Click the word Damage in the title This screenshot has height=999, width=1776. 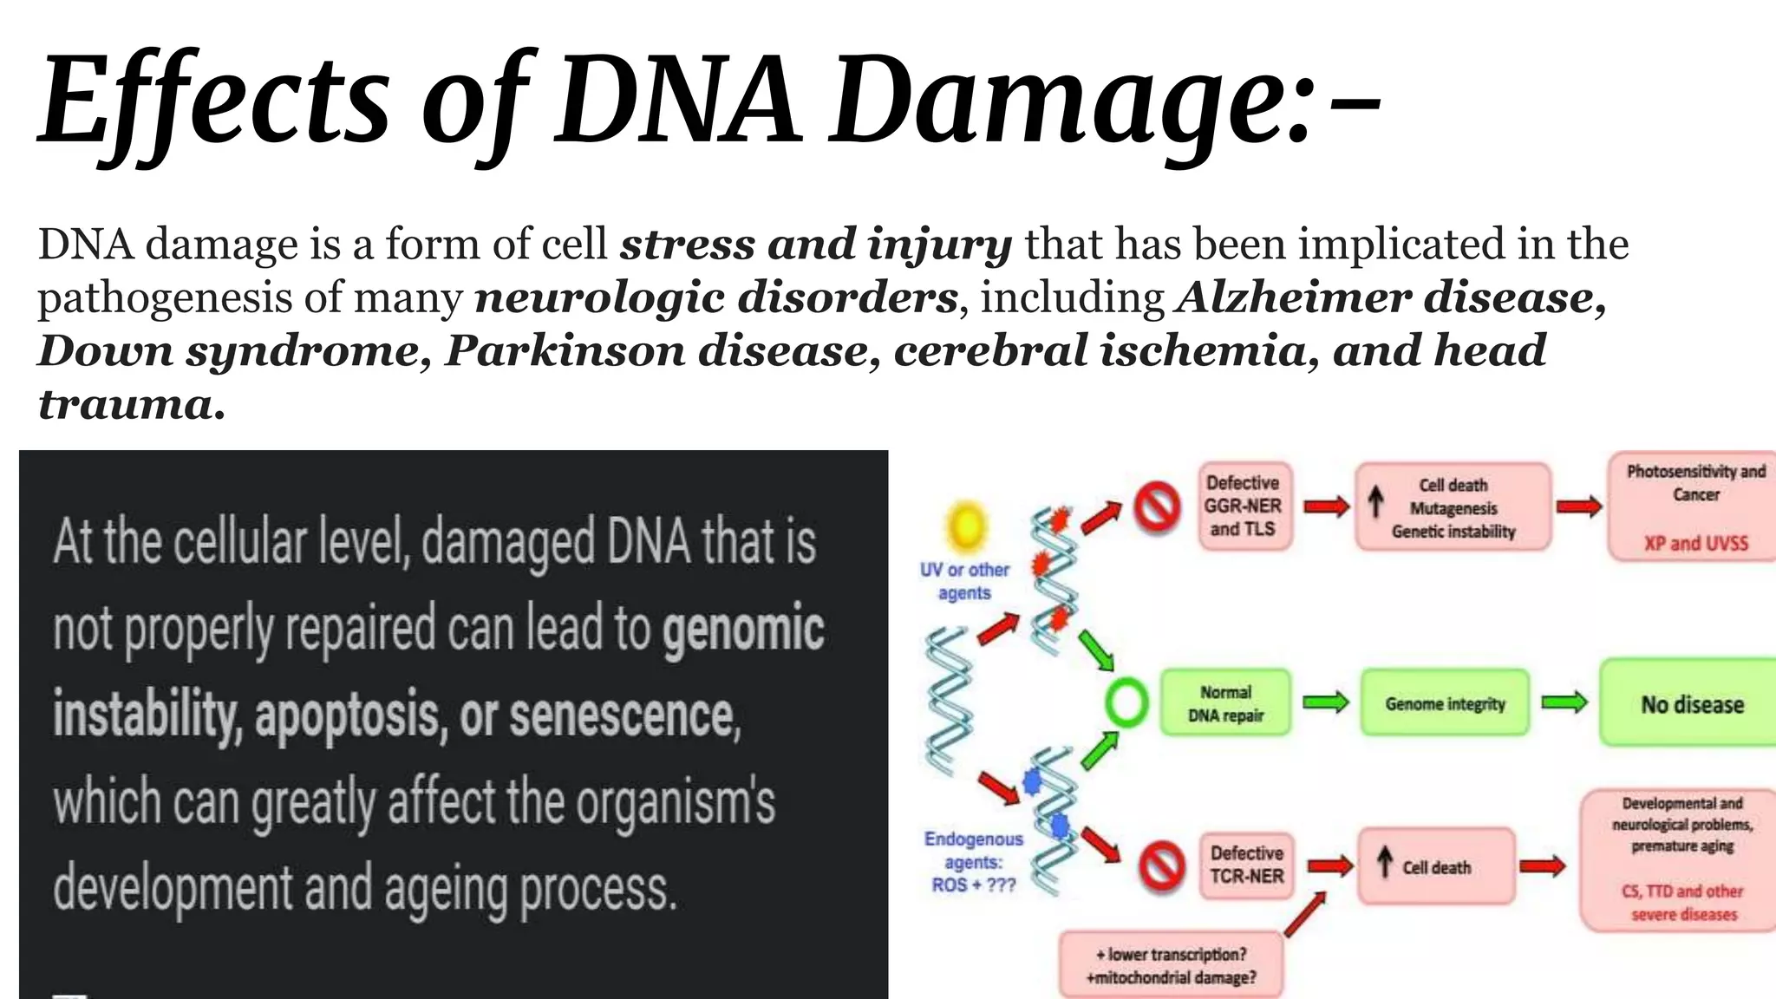1067,100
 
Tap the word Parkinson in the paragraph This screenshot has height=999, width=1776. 564,351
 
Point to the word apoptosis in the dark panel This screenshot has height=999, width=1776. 350,715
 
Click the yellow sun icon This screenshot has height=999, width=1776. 966,526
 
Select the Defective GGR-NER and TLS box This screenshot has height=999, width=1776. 1242,506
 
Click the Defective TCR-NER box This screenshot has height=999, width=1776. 1246,865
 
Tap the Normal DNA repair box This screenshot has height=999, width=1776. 1225,703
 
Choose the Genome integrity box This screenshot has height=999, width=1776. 1445,703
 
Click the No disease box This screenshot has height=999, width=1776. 1691,704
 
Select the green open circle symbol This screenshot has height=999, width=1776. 1126,702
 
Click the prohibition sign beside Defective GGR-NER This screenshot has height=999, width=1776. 1158,506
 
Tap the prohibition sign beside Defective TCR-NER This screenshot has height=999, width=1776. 1161,865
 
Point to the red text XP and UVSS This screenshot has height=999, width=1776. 1695,544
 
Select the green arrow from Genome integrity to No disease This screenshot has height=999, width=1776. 1564,702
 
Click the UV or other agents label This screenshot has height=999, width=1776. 964,581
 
